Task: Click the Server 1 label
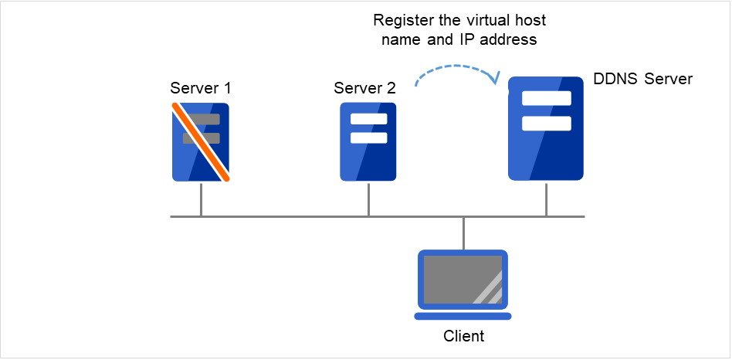(200, 88)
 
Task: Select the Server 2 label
(364, 88)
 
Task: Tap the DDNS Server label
(643, 79)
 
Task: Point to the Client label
(463, 336)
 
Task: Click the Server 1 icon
(201, 143)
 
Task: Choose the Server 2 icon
(368, 142)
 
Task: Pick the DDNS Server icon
(545, 128)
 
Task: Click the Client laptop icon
(463, 284)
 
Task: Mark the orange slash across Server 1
(201, 144)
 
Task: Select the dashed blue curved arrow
(456, 72)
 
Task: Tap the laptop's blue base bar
(463, 315)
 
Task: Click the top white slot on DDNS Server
(546, 99)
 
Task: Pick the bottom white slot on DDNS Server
(546, 124)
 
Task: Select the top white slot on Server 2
(368, 120)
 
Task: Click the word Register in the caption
(400, 19)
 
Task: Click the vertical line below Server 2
(368, 199)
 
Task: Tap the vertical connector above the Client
(463, 233)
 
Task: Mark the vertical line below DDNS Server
(546, 199)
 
